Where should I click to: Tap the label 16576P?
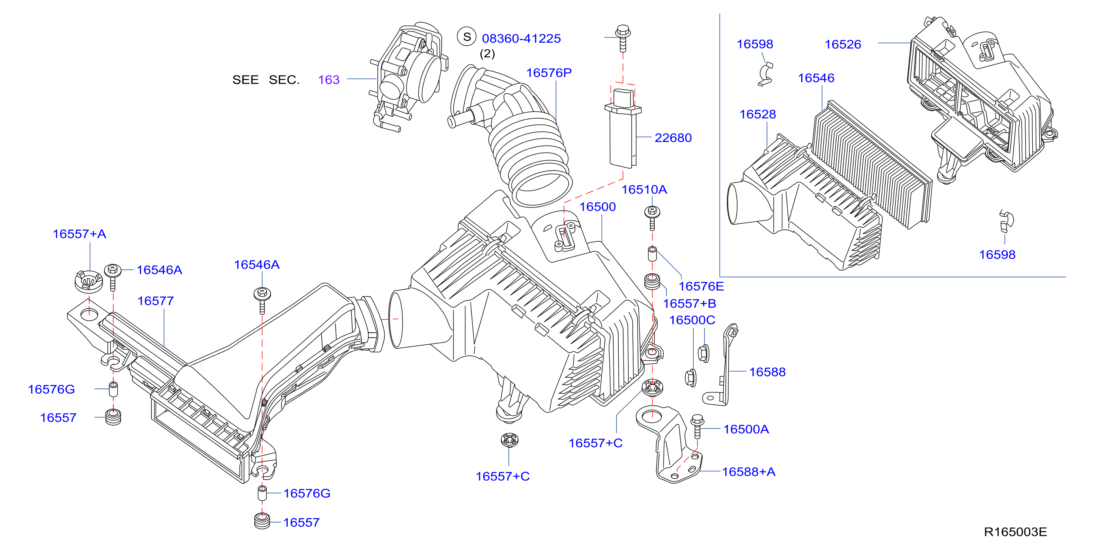point(549,73)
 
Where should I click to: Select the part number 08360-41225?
point(521,39)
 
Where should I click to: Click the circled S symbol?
point(467,37)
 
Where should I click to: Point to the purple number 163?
point(329,79)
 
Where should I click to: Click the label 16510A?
point(644,189)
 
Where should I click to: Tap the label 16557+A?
point(79,233)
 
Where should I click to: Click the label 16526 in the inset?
point(843,44)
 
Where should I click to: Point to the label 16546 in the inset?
point(816,78)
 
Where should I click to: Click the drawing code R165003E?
point(1015,532)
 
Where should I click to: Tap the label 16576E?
point(701,286)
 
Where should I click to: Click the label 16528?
point(758,114)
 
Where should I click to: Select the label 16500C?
point(692,320)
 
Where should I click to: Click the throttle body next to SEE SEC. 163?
point(410,76)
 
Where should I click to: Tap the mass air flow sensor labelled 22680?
point(623,127)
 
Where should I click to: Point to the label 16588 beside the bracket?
point(767,372)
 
